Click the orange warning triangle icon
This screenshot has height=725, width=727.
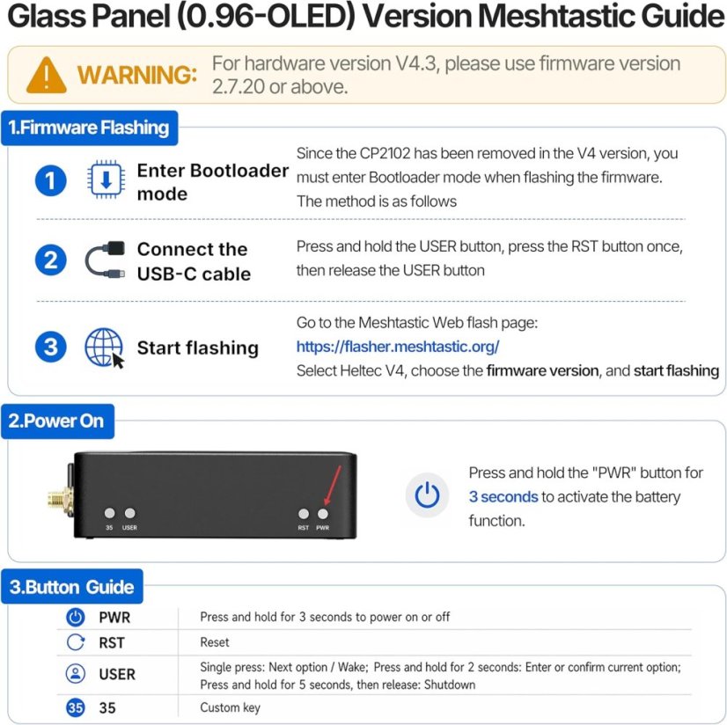click(47, 75)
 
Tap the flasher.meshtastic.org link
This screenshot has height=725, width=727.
click(398, 347)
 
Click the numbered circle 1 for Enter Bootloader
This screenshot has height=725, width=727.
click(50, 180)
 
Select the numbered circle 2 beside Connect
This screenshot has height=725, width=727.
click(50, 260)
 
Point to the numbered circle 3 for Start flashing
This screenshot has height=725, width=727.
click(50, 347)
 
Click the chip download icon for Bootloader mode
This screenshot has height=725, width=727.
click(106, 179)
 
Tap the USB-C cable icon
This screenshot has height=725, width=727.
click(106, 260)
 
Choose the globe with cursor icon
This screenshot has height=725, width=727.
click(105, 348)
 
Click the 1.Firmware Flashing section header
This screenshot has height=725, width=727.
click(89, 128)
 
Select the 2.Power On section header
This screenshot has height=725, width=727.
click(57, 421)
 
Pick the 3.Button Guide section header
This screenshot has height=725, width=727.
click(72, 586)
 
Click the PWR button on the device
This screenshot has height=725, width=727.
click(323, 514)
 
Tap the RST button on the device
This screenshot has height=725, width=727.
click(304, 514)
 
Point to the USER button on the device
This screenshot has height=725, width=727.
click(130, 513)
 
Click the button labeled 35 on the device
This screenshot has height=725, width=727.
click(109, 513)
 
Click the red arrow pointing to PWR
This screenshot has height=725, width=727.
click(333, 486)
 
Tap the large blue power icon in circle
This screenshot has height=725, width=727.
click(427, 495)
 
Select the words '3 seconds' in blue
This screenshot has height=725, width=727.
click(503, 496)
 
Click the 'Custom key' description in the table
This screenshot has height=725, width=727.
click(230, 708)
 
